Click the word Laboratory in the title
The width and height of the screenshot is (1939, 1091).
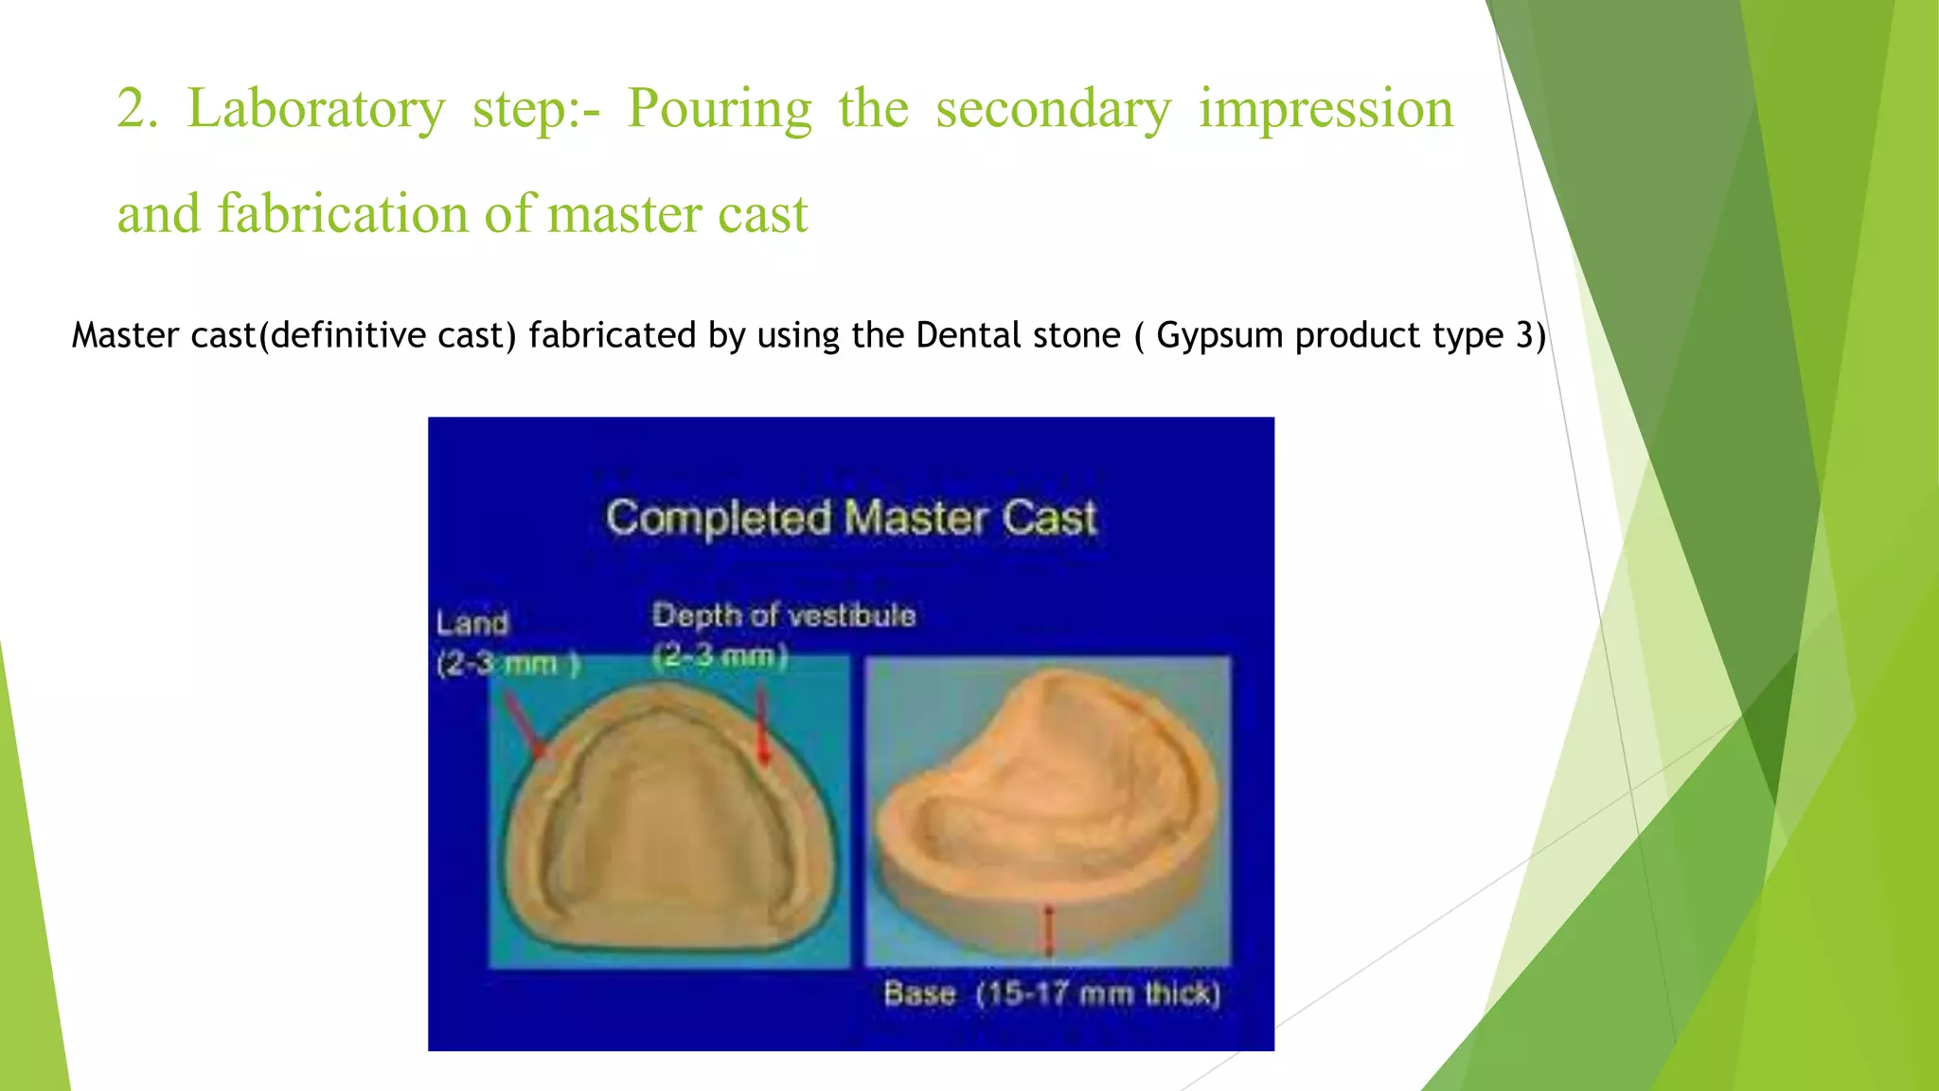pos(315,109)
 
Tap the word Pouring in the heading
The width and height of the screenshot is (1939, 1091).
pos(720,109)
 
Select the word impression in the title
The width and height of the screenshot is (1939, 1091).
pos(1325,109)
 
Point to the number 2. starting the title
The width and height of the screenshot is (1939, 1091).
pos(137,109)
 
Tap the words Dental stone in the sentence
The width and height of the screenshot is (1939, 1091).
pos(1018,335)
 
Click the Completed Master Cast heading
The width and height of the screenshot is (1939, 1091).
pos(851,518)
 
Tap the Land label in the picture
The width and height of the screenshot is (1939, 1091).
pos(471,623)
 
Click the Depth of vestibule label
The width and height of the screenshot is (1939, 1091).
pos(784,616)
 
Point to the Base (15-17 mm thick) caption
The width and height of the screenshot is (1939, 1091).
pos(1052,993)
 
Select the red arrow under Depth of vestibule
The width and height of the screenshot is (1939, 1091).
pos(762,727)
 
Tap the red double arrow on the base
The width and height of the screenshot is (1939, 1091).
pos(1048,931)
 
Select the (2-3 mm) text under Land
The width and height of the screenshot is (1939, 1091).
pos(507,664)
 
